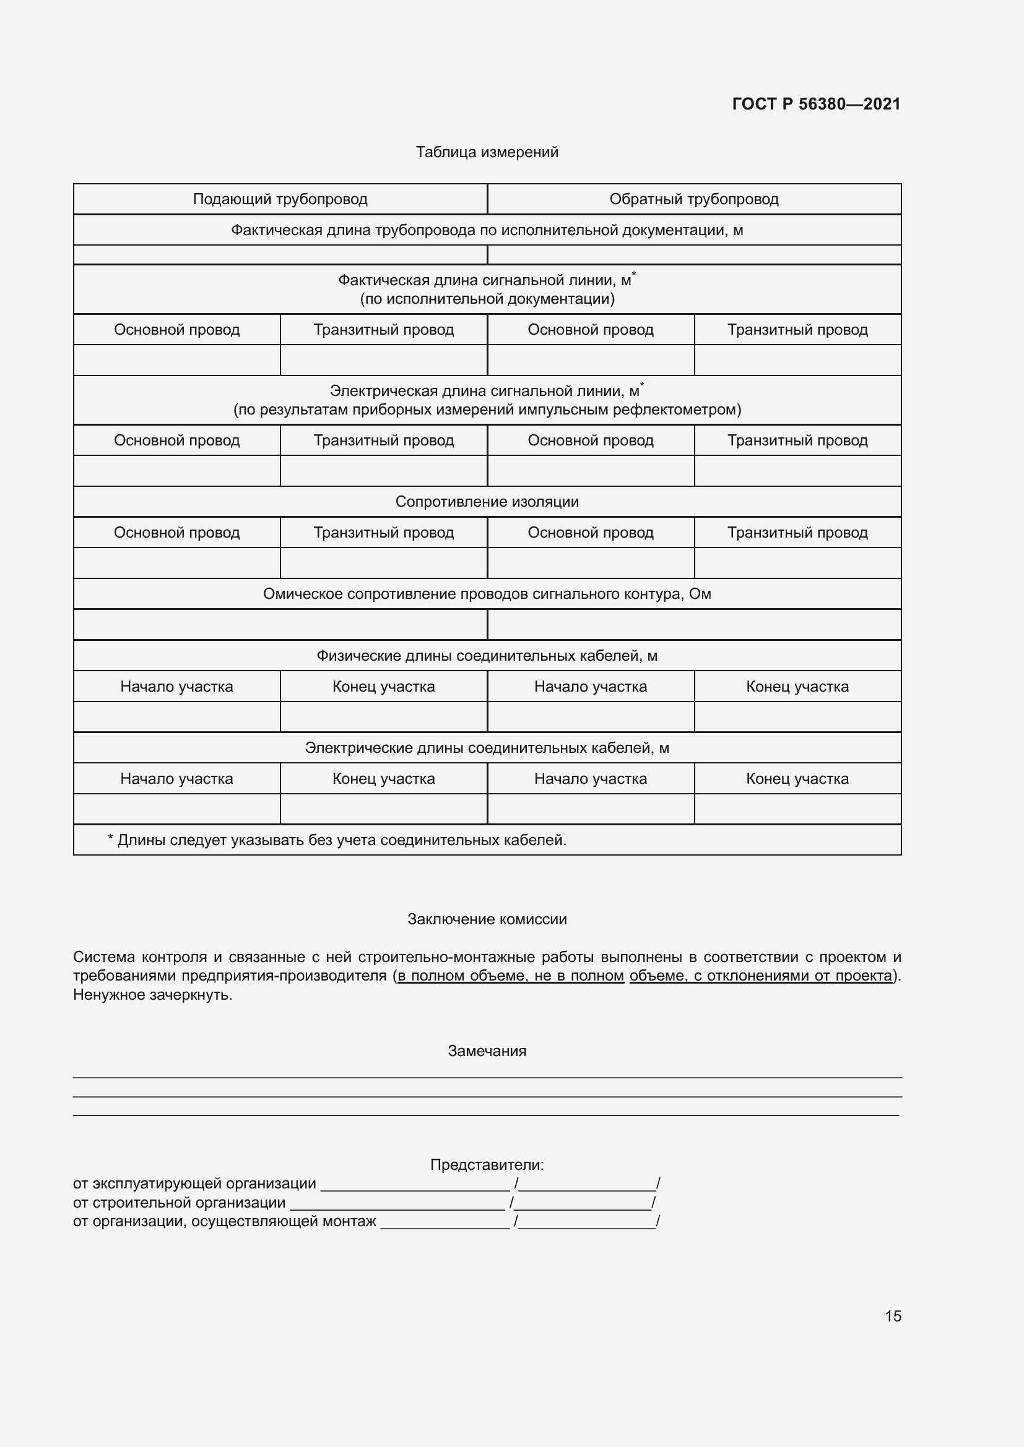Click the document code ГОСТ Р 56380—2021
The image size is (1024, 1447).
pyautogui.click(x=816, y=104)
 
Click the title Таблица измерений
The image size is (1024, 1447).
pyautogui.click(x=487, y=153)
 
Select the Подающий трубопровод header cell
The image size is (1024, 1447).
pyautogui.click(x=280, y=199)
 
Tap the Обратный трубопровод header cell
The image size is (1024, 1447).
pyautogui.click(x=693, y=199)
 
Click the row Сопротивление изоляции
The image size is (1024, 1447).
pyautogui.click(x=487, y=502)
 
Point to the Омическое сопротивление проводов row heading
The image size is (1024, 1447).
pyautogui.click(x=487, y=594)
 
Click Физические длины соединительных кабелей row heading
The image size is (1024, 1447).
pyautogui.click(x=487, y=655)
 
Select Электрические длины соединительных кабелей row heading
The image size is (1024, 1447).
pyautogui.click(x=487, y=748)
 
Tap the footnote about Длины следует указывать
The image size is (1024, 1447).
pyautogui.click(x=337, y=840)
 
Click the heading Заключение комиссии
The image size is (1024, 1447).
pyautogui.click(x=487, y=919)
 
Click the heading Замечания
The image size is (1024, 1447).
pyautogui.click(x=487, y=1050)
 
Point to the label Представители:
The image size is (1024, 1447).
pyautogui.click(x=487, y=1165)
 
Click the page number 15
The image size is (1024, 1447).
pyautogui.click(x=893, y=1316)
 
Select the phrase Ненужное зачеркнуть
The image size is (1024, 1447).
pyautogui.click(x=152, y=995)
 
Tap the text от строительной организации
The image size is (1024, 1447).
pyautogui.click(x=179, y=1203)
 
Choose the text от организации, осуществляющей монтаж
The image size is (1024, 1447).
pyautogui.click(x=225, y=1221)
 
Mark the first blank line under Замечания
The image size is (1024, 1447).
pyautogui.click(x=487, y=1077)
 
